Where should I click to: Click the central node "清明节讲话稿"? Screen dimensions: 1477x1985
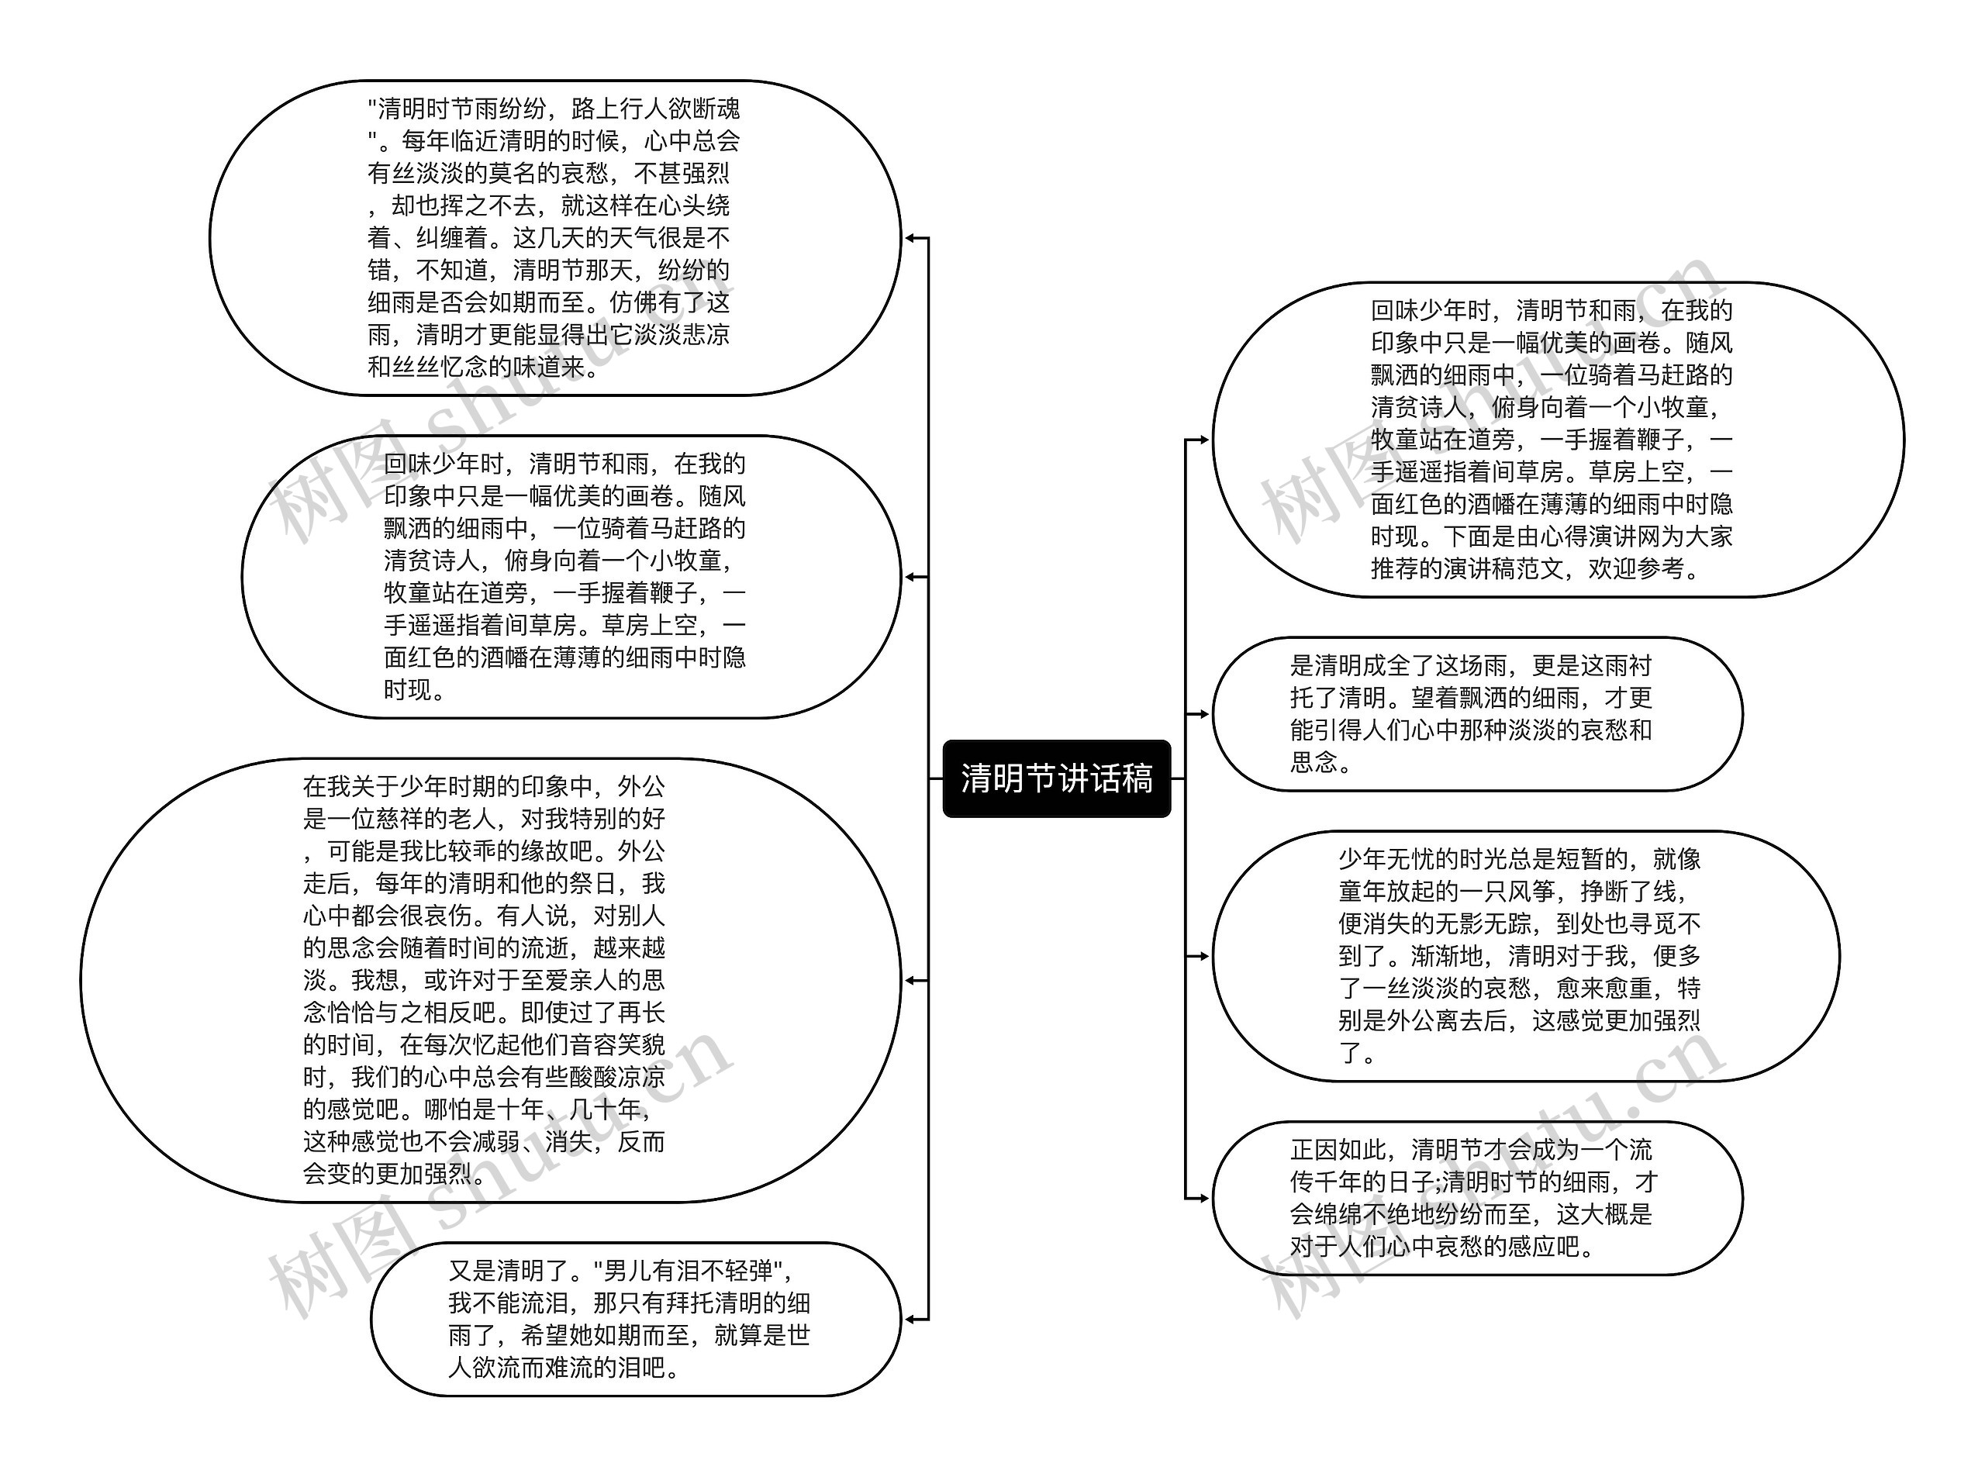[x=1056, y=778]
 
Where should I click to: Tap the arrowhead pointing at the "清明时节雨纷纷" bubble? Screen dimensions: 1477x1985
[x=910, y=238]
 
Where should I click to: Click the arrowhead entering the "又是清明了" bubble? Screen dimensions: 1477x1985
[x=910, y=1319]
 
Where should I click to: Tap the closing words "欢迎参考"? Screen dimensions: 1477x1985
[x=1635, y=568]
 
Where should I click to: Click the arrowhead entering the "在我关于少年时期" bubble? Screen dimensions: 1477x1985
[x=910, y=980]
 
